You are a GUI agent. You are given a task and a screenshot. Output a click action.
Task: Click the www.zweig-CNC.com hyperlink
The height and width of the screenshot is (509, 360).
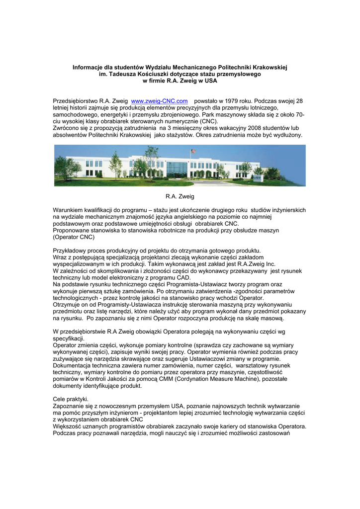(x=159, y=101)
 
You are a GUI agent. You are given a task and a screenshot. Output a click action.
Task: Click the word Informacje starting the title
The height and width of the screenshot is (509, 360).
(x=90, y=67)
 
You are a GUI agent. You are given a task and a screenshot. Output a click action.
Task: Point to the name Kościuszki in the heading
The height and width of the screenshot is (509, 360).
(x=158, y=74)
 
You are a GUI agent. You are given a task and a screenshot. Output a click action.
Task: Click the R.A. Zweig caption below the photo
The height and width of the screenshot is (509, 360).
(x=180, y=197)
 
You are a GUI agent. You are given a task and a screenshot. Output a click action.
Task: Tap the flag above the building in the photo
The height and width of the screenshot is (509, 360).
(x=193, y=151)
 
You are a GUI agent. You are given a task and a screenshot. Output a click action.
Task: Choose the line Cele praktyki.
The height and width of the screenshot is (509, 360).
(x=71, y=399)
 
